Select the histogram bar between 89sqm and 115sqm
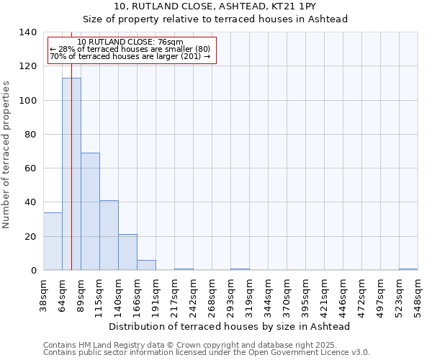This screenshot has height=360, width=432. coord(90,212)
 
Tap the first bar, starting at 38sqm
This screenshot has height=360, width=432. coord(53,241)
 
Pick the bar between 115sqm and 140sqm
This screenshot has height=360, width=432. coord(109,235)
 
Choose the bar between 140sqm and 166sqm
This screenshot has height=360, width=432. coord(127,252)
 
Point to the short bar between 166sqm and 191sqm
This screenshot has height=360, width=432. coord(146,265)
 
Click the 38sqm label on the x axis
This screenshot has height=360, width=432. coord(44,294)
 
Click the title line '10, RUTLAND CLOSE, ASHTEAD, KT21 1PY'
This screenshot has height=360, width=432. coord(215,7)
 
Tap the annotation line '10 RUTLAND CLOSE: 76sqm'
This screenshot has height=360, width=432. coord(130,42)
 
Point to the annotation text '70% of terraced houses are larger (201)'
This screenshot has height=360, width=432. coord(130,56)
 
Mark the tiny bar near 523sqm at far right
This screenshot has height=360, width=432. coord(408,269)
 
